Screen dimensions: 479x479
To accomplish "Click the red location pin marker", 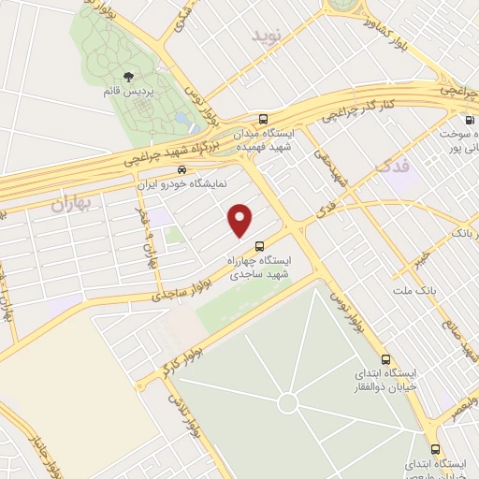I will point(241,219).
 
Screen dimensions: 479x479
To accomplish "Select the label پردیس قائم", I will point(123,93).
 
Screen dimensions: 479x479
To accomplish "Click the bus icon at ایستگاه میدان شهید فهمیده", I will point(263,120).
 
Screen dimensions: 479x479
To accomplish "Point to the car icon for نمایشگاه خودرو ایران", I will point(181,170).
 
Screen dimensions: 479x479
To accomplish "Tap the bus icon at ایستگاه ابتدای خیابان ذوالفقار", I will point(385,359).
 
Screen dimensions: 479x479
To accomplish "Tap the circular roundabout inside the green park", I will point(288,402).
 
